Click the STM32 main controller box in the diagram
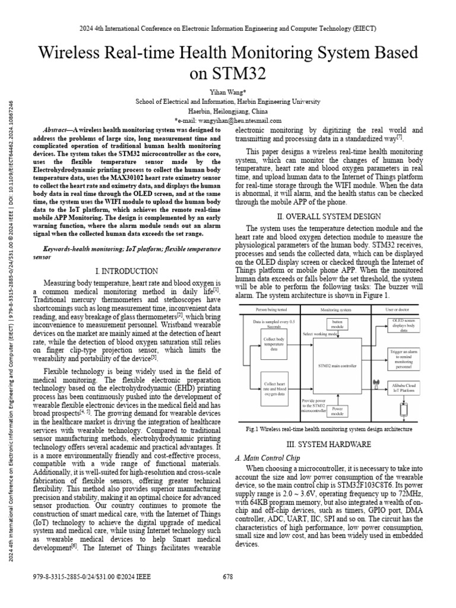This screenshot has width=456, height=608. [337, 366]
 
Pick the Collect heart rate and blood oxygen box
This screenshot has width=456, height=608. [274, 389]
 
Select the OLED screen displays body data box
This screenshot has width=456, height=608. [404, 326]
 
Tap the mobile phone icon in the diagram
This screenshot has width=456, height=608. [404, 409]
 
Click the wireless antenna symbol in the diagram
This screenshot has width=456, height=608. [375, 384]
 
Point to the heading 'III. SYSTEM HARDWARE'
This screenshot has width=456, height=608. [329, 444]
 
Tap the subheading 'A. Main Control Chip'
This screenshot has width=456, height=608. [268, 458]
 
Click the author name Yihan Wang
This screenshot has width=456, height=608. [227, 92]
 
